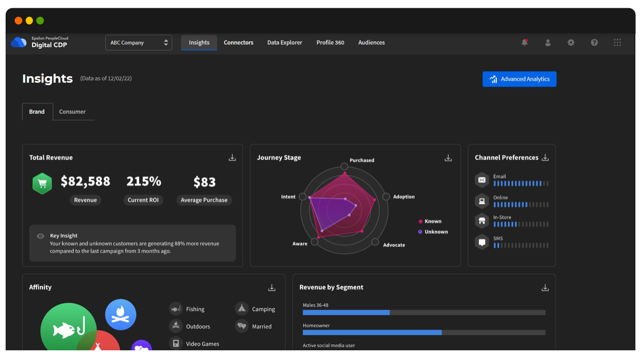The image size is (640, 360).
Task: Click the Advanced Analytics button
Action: pos(519,79)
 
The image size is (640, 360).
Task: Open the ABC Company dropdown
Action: pos(139,43)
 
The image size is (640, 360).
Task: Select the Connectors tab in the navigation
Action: pos(238,42)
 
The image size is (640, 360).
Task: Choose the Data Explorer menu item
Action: pos(284,42)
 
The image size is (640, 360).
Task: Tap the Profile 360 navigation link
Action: pos(330,42)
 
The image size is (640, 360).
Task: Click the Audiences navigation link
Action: pos(371,42)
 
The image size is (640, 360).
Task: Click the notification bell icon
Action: pos(524,43)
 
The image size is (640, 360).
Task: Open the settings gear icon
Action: pos(571,43)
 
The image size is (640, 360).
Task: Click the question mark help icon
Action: pos(594,43)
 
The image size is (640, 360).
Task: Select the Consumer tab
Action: pos(73,112)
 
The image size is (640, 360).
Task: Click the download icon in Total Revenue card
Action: pos(232,158)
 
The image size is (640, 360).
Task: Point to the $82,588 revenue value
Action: pos(85,182)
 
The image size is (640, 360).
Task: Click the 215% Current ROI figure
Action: pos(144,182)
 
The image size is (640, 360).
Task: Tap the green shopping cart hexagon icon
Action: pos(42,183)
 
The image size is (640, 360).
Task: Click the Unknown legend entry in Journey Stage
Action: pos(436,232)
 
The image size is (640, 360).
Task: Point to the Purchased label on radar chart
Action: pos(361,161)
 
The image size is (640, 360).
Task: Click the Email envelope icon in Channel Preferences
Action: pos(482,180)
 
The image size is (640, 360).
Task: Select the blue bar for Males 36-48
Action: pos(346,312)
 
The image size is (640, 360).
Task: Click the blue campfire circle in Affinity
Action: pos(121,314)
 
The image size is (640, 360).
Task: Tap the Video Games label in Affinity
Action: pos(202,344)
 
